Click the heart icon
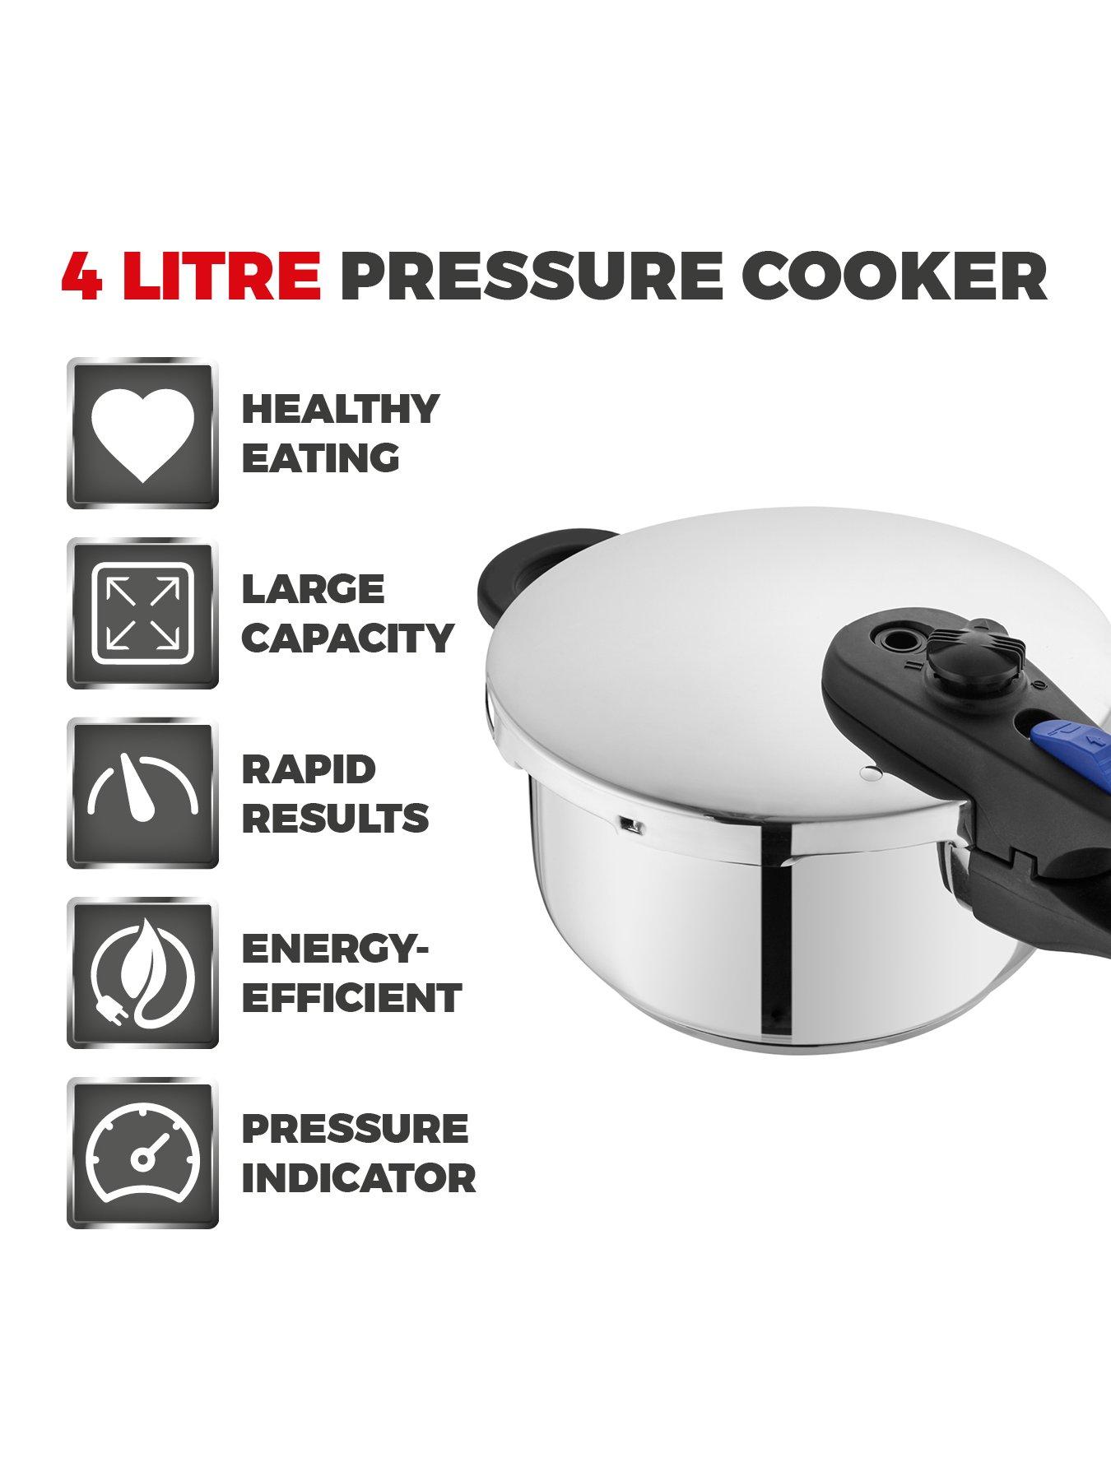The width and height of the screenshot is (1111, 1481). point(142,434)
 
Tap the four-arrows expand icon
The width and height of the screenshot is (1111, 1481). point(142,614)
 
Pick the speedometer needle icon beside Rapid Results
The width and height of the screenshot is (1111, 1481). point(142,793)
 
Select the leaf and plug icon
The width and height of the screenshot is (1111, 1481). point(142,973)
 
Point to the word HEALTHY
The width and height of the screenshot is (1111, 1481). point(340,409)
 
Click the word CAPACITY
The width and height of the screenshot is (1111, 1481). point(347,638)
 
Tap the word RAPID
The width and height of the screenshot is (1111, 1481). point(309,769)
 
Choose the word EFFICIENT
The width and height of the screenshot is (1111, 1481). point(351,998)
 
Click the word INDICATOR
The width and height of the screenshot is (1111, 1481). point(358,1177)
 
